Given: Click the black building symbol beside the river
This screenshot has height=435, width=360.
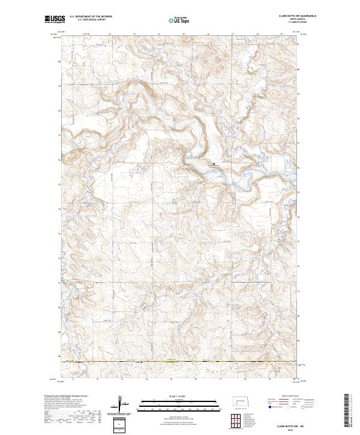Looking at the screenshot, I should pyautogui.click(x=211, y=161).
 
